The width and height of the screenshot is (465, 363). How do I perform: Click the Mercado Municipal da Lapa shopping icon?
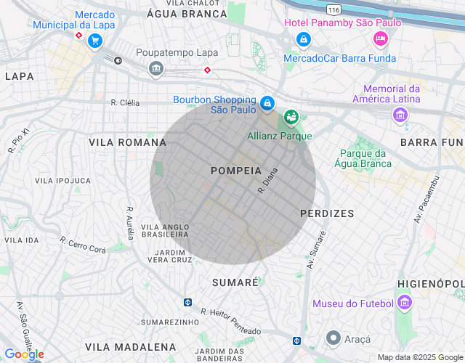pos(94,41)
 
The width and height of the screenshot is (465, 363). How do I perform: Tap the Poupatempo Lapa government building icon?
pos(155,69)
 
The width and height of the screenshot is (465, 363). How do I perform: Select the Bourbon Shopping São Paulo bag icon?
pos(267,104)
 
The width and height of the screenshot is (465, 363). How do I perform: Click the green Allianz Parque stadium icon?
pos(291,117)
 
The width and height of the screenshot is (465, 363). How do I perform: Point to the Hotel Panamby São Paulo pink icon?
pos(379,38)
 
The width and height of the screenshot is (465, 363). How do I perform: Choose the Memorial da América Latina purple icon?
pos(399,115)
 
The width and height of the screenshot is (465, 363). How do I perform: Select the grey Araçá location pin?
pos(333,338)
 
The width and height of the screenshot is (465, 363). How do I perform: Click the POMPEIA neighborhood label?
pos(235,171)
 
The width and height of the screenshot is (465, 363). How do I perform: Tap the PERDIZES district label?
pos(327,213)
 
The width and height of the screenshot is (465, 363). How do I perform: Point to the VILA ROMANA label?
pos(127,142)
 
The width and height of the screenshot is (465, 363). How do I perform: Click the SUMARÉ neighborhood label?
pos(235,282)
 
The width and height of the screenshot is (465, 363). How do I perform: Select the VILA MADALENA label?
pos(131,347)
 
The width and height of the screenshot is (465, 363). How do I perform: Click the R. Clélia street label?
pos(125,102)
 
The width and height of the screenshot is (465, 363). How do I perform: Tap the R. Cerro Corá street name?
pos(83,245)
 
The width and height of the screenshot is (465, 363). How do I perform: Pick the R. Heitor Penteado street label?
pos(230,322)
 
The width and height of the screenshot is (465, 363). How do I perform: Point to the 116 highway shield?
pos(333,9)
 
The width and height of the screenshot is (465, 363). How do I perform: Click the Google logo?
pos(24,354)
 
